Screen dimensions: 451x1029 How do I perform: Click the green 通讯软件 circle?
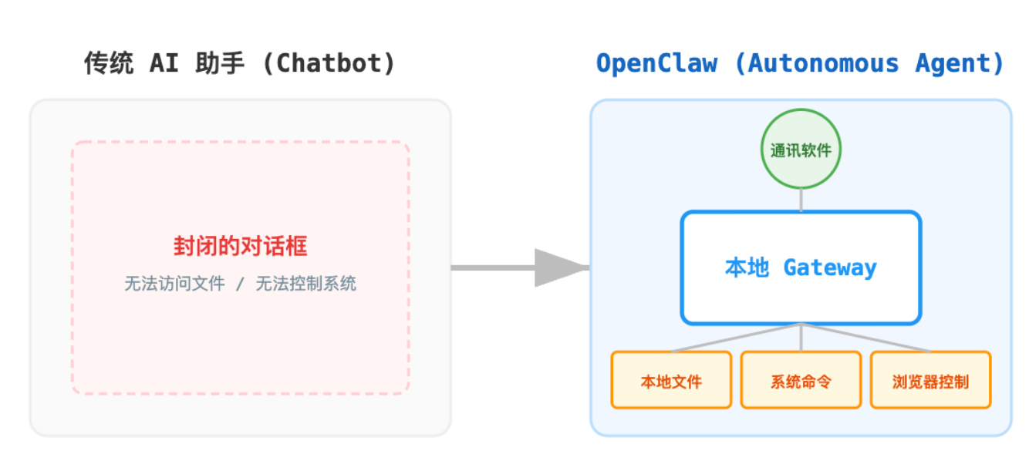click(801, 150)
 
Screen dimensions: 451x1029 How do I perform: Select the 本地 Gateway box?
click(801, 268)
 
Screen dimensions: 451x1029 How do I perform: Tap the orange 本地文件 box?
click(671, 380)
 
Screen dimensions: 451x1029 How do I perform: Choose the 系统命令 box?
click(801, 380)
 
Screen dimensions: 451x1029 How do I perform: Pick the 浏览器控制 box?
click(930, 380)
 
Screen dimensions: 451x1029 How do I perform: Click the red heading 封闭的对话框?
click(240, 247)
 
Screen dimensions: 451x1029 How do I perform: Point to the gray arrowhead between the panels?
click(559, 268)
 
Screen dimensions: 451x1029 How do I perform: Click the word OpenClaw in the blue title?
click(656, 63)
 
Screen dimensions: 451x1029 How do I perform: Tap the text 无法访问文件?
click(175, 284)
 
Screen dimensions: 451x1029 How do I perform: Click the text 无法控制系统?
click(306, 284)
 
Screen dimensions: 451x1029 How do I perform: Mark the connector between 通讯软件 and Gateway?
click(801, 200)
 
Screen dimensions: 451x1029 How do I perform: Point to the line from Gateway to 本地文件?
click(736, 338)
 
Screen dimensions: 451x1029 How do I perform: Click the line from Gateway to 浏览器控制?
click(865, 338)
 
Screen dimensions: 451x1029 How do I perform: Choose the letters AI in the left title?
click(164, 63)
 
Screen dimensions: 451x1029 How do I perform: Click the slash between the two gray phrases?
click(240, 284)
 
